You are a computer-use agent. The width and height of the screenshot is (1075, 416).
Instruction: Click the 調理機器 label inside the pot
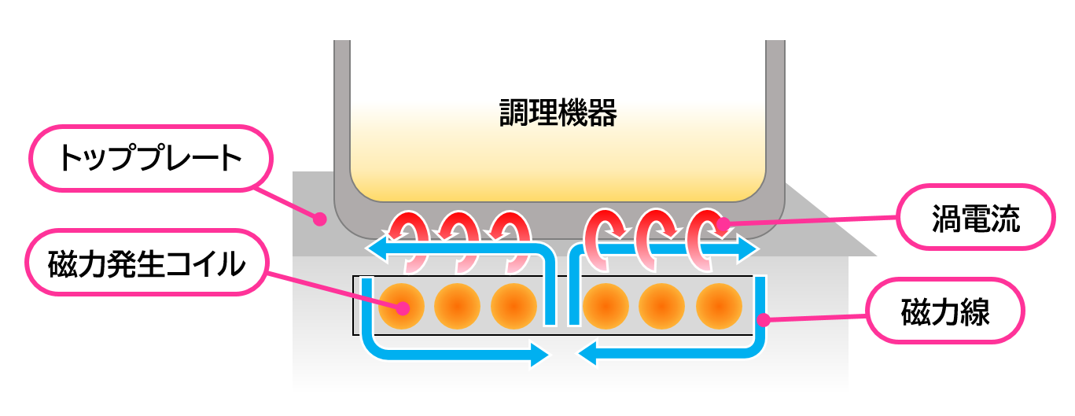[x=558, y=114]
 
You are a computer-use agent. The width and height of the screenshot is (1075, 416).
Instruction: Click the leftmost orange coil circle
[x=401, y=306]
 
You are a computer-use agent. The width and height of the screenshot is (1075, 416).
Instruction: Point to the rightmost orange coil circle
[x=719, y=306]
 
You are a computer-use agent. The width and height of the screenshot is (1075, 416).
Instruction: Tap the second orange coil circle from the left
[x=457, y=306]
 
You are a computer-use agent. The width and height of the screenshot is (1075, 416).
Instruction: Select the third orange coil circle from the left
[x=514, y=306]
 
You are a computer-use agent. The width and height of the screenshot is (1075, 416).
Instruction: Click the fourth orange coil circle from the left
[x=606, y=306]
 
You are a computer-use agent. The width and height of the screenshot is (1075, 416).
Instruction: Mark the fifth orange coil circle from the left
[x=662, y=306]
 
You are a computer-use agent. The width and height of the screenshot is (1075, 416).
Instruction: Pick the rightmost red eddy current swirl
[x=705, y=233]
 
